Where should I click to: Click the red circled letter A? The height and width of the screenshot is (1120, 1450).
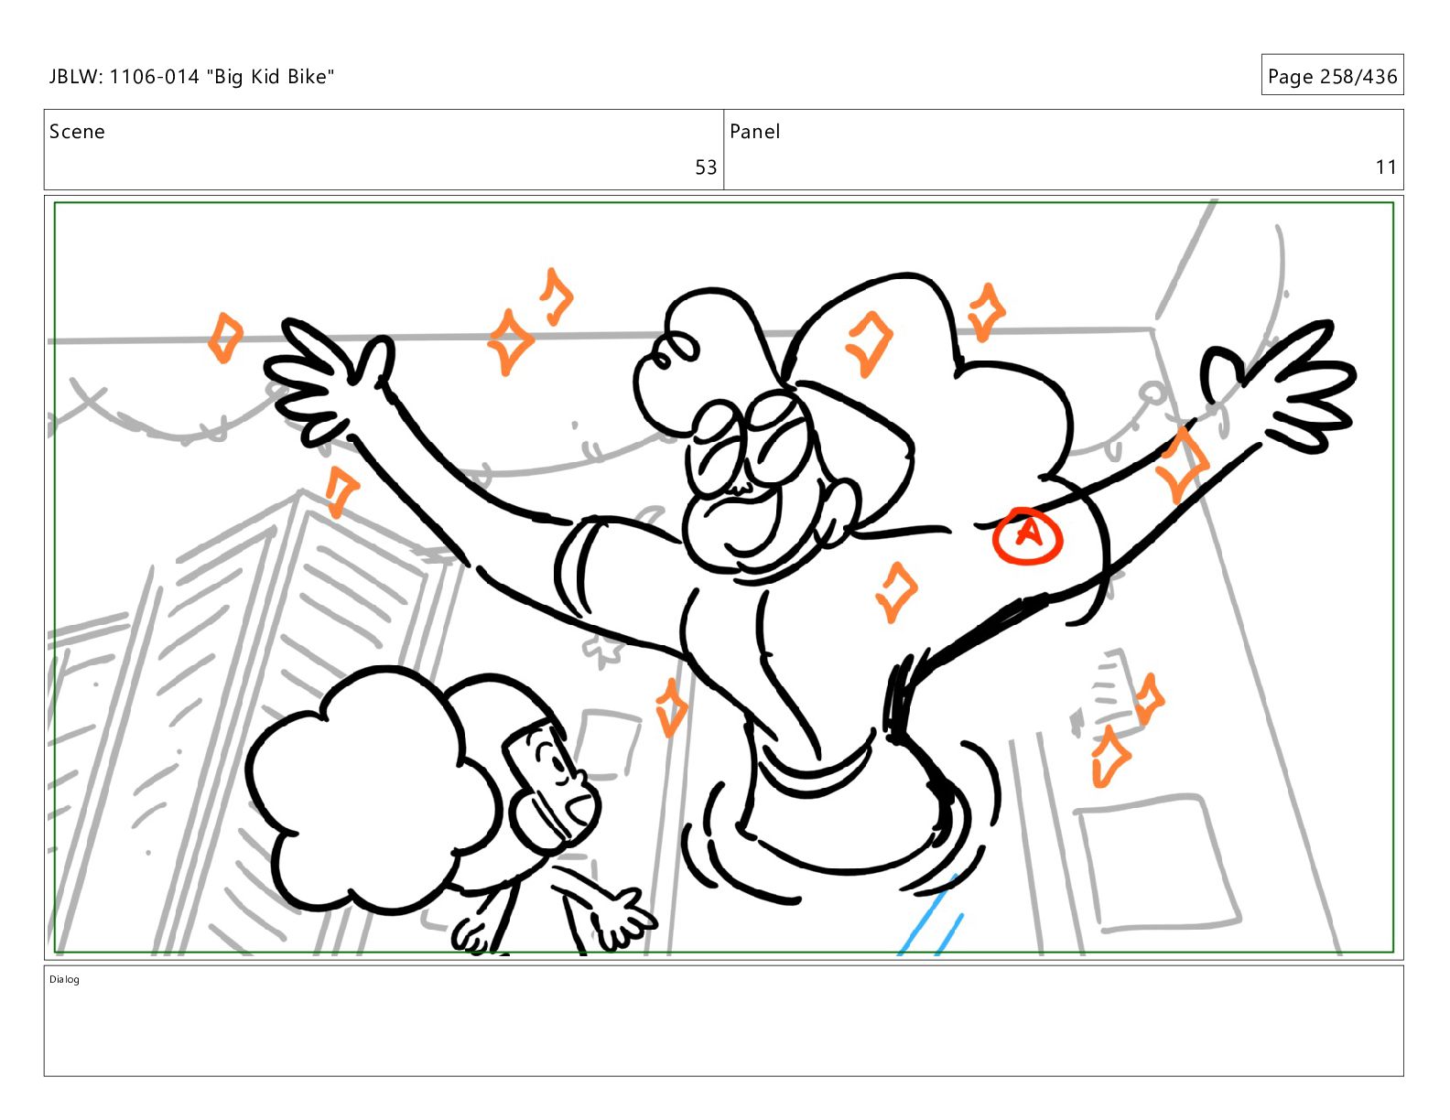[1027, 535]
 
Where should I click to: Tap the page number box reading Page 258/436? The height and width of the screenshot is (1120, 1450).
[1332, 75]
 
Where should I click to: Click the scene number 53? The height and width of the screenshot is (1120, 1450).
[705, 167]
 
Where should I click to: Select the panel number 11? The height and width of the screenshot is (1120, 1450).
[1386, 167]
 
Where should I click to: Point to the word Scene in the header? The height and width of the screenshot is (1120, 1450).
[77, 132]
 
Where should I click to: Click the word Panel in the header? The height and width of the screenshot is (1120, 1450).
[754, 132]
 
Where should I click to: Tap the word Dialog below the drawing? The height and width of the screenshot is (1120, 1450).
[64, 979]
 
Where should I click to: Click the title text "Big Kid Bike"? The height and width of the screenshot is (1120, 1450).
[270, 77]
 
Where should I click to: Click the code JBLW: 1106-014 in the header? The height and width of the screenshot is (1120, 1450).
[124, 77]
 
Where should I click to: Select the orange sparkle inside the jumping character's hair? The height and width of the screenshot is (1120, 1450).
[869, 344]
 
